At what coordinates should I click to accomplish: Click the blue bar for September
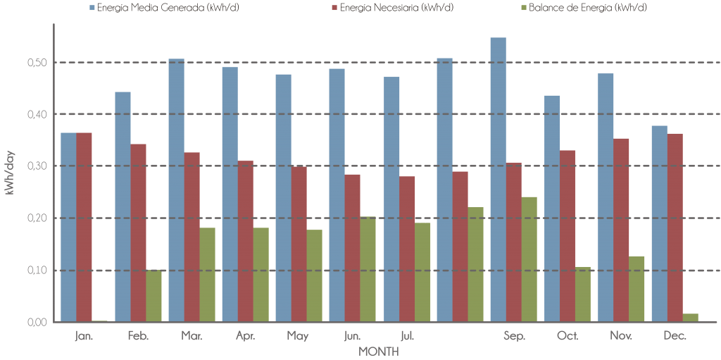coord(498,180)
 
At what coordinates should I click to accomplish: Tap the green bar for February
coord(153,296)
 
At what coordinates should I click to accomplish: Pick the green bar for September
coord(529,259)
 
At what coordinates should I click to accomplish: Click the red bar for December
coord(675,228)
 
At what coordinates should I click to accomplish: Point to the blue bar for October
coord(552,209)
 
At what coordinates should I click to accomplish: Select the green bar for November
coord(637,289)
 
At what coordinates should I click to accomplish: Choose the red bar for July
coord(407,249)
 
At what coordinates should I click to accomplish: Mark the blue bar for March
coord(176,190)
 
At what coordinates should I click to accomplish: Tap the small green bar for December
coord(690,318)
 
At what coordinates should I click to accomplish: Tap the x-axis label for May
coord(298,336)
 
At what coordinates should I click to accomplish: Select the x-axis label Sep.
coord(514,336)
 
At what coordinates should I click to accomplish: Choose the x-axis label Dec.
coord(675,336)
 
